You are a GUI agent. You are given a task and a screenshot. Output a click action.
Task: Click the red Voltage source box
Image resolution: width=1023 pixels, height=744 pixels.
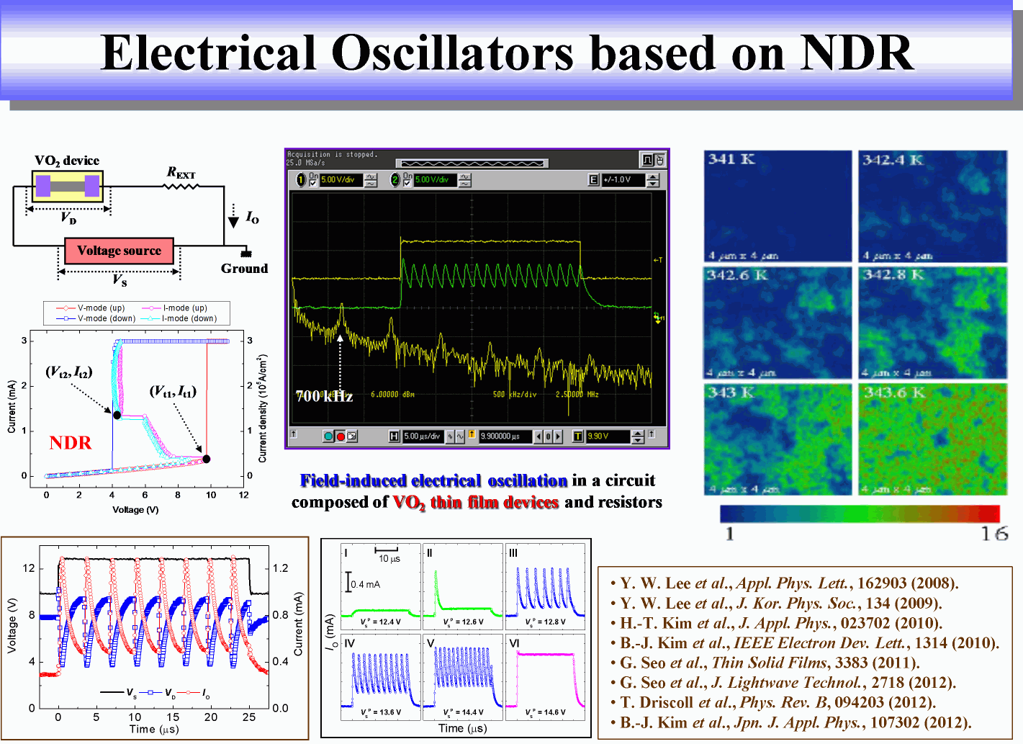(x=119, y=251)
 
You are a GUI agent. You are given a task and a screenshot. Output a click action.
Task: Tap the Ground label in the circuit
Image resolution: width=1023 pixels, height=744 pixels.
(x=244, y=269)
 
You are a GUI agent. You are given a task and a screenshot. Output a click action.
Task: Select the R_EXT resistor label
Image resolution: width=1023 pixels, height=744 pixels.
(x=181, y=173)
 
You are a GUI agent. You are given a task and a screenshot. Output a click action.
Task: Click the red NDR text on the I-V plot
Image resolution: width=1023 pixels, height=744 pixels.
(x=71, y=443)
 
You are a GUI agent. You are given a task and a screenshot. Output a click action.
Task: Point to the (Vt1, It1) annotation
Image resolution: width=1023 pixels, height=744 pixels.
(x=173, y=391)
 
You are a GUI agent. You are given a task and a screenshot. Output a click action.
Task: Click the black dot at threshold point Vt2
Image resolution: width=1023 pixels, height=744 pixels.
(x=117, y=415)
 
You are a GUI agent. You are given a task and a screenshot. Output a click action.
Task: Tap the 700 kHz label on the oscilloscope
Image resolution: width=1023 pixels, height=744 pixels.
(x=324, y=396)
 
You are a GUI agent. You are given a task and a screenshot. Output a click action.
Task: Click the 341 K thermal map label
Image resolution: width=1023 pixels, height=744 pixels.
(x=731, y=159)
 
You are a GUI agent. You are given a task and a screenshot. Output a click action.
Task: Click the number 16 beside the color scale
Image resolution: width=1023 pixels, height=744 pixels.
(x=993, y=534)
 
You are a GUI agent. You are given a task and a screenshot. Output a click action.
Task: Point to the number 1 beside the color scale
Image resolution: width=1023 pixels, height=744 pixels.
(x=730, y=534)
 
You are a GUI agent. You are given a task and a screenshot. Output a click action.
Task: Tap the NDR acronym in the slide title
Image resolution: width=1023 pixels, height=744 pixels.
(x=857, y=53)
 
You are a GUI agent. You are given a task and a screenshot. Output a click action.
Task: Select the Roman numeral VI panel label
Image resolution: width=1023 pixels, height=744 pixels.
(x=514, y=643)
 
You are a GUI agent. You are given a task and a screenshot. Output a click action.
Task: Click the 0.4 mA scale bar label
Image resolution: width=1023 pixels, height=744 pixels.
(x=366, y=584)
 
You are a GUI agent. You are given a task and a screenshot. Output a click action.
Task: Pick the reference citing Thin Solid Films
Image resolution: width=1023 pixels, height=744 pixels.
(x=770, y=663)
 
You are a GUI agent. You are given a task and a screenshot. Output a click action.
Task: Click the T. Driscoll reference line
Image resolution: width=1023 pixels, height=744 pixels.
(x=778, y=702)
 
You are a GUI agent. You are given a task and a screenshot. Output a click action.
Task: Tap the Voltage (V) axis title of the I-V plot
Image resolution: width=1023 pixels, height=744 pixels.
(x=135, y=510)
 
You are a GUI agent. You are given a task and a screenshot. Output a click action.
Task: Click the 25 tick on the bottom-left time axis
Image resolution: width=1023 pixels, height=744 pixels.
(x=249, y=717)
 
